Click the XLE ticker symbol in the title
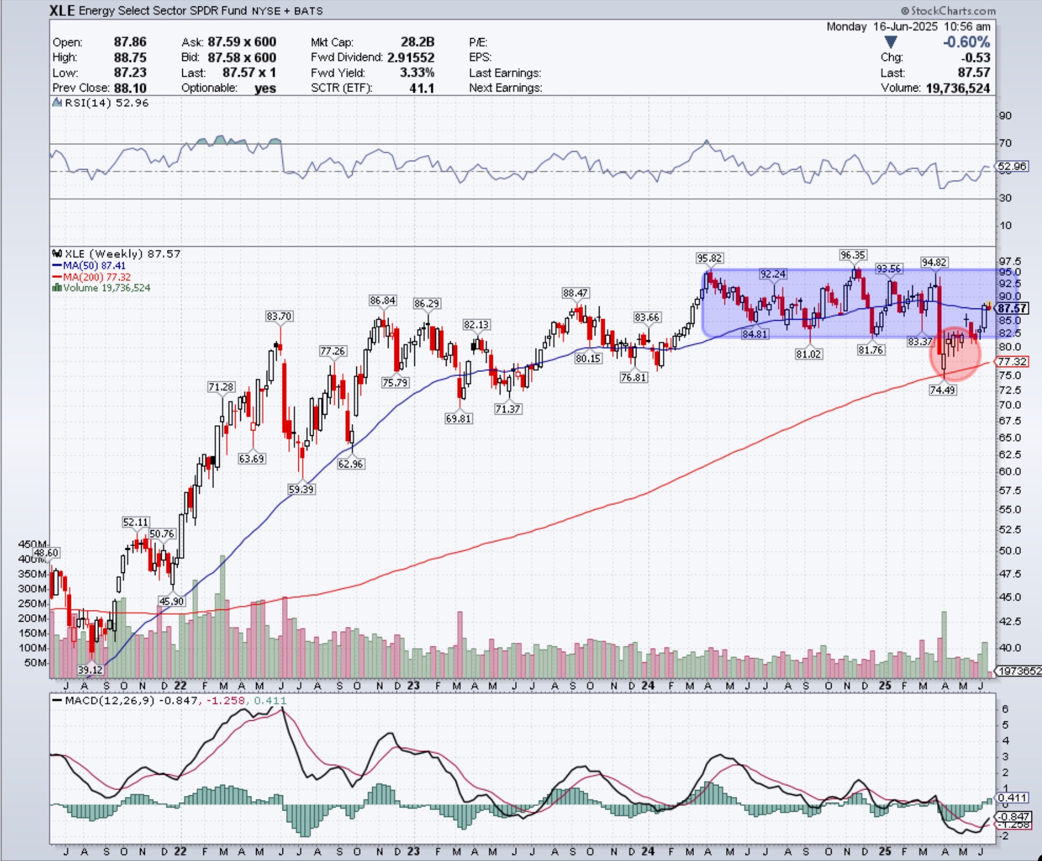tap(62, 11)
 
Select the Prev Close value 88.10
tap(130, 88)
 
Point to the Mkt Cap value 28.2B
tap(417, 42)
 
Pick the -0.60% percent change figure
tap(966, 42)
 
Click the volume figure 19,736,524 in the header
tap(958, 88)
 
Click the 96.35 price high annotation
tap(853, 255)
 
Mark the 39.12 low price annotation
tap(90, 670)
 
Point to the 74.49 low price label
tap(942, 389)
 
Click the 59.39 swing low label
tap(301, 489)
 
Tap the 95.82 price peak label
tap(709, 258)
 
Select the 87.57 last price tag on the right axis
tap(1012, 309)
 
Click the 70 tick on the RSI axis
tap(1005, 143)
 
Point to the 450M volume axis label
tap(33, 544)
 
